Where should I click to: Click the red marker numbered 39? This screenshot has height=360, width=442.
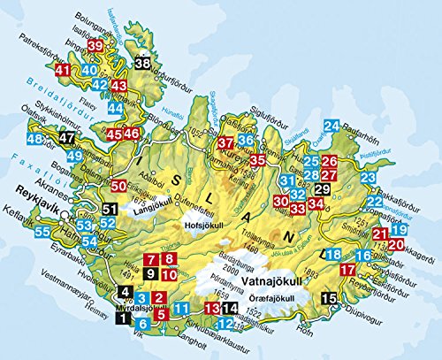click(95, 46)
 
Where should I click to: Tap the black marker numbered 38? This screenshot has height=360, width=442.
click(142, 63)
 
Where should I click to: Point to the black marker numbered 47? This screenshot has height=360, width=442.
click(67, 137)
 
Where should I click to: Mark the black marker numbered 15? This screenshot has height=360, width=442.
click(329, 299)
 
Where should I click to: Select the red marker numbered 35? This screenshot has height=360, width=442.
click(257, 160)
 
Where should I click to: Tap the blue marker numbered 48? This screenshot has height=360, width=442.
click(36, 139)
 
